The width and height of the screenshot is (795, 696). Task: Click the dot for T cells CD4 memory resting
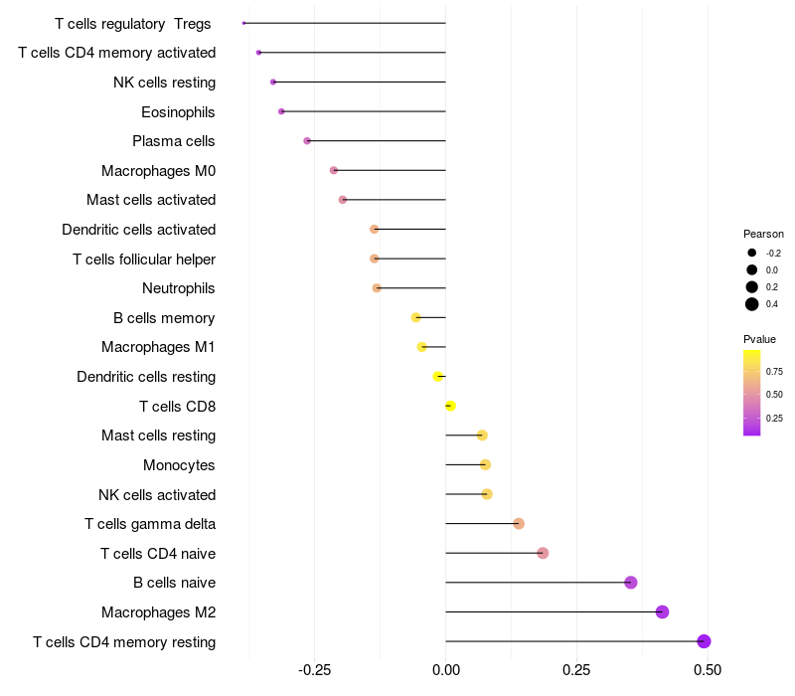click(x=704, y=641)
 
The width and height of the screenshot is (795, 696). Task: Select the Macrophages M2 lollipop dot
click(x=662, y=611)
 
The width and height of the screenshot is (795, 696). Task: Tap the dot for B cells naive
click(x=630, y=583)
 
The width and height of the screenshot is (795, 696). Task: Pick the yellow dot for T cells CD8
click(x=450, y=406)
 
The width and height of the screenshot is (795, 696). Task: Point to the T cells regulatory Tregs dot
click(x=243, y=23)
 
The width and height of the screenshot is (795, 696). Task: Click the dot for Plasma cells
click(x=307, y=141)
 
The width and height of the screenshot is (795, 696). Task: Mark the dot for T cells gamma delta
click(x=519, y=523)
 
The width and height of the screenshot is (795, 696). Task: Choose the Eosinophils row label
click(x=178, y=111)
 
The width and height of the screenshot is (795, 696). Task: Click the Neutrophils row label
click(x=179, y=288)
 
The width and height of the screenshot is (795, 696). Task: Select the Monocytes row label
click(x=179, y=465)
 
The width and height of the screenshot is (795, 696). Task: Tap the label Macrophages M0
click(x=158, y=171)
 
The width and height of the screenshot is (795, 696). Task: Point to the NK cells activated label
click(x=157, y=494)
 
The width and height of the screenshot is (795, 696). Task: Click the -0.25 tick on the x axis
click(x=314, y=670)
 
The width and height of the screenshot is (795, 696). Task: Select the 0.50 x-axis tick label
click(x=708, y=670)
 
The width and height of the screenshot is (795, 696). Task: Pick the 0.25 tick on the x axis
click(x=576, y=670)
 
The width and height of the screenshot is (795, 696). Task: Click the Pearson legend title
click(x=763, y=234)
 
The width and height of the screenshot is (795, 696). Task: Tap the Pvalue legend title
click(x=759, y=339)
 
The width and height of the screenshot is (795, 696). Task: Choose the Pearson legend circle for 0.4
click(x=752, y=304)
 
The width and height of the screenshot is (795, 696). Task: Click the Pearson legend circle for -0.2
click(x=752, y=253)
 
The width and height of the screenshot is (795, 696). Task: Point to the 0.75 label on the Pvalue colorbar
click(x=774, y=371)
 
